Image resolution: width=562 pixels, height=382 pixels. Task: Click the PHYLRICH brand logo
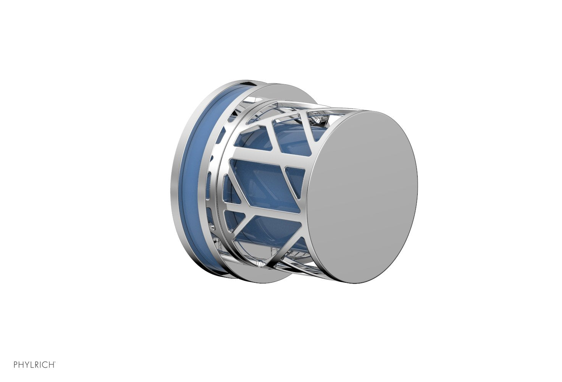35,365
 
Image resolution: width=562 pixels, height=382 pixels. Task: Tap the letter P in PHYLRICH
16,365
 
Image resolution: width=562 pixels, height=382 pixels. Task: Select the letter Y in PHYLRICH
27,365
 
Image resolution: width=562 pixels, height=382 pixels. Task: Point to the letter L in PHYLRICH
32,365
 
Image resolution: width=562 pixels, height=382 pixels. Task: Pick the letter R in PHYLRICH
37,365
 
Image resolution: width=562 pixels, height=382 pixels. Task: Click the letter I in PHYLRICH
40,365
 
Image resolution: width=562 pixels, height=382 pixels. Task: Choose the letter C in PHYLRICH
45,365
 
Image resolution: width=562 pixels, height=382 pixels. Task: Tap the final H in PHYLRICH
51,365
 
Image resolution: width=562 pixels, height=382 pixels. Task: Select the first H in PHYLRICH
21,365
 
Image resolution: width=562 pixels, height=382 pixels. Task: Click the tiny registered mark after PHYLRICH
55,363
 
